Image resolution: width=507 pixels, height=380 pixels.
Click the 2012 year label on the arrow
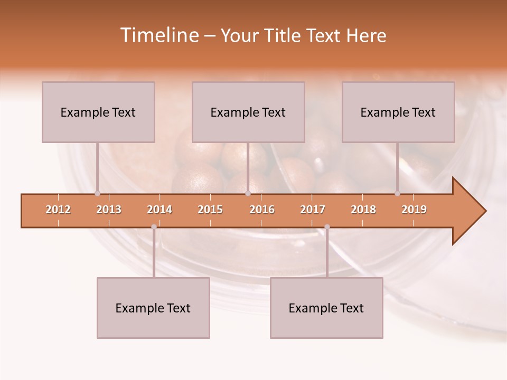pyautogui.click(x=58, y=210)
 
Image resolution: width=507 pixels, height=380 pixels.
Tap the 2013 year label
pyautogui.click(x=109, y=210)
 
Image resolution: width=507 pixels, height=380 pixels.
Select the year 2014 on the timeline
pyautogui.click(x=159, y=210)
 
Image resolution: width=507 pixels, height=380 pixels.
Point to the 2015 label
pyautogui.click(x=210, y=210)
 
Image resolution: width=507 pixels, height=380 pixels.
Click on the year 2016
pyautogui.click(x=262, y=210)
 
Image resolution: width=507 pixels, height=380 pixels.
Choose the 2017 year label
pyautogui.click(x=313, y=210)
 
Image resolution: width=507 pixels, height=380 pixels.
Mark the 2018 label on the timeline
pyautogui.click(x=363, y=210)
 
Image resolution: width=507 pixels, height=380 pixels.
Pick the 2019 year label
pyautogui.click(x=414, y=210)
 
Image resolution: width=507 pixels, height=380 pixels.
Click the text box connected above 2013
pyautogui.click(x=98, y=112)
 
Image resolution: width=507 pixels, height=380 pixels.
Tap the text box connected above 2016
pyautogui.click(x=248, y=112)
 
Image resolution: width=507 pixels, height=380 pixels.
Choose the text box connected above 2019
pyautogui.click(x=398, y=112)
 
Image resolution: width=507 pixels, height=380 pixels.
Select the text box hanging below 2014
pyautogui.click(x=153, y=308)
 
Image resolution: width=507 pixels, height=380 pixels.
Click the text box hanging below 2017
pyautogui.click(x=326, y=308)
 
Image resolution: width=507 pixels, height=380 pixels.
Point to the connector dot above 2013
pyautogui.click(x=97, y=193)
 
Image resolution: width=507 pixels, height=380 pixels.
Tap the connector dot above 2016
pyautogui.click(x=248, y=193)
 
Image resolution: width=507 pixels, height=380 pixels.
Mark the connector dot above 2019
pyautogui.click(x=397, y=193)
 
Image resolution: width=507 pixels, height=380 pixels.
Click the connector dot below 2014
pyautogui.click(x=154, y=227)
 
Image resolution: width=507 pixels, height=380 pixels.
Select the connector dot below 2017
pyautogui.click(x=327, y=227)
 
